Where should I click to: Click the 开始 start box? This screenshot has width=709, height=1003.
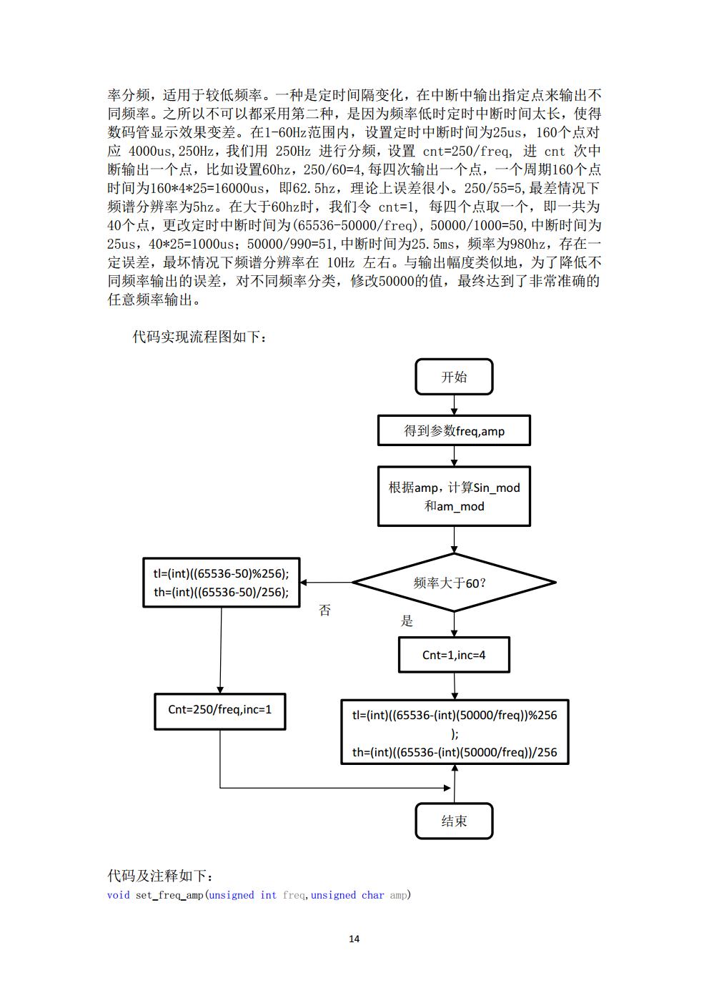tap(454, 377)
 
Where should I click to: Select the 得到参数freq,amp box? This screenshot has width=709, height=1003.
tap(454, 431)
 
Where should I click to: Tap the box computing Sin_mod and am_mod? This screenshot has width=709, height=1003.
tap(454, 496)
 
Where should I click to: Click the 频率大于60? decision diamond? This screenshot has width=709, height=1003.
tap(454, 583)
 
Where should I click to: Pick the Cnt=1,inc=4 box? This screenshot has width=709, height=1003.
tap(454, 655)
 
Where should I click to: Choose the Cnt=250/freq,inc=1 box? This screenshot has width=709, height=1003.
tap(219, 710)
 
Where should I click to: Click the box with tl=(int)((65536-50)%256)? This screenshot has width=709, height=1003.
tap(221, 583)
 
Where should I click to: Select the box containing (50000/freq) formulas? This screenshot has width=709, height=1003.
tap(455, 733)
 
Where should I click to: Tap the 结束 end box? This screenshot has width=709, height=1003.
tap(454, 821)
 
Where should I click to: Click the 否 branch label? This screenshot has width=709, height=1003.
tap(325, 611)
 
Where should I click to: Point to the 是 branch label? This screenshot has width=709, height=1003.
tap(407, 621)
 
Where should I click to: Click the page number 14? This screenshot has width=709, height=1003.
tap(354, 939)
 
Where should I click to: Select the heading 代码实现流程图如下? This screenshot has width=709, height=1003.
tap(200, 336)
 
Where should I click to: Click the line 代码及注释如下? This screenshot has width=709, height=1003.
tap(160, 876)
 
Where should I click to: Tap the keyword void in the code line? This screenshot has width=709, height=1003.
tap(119, 895)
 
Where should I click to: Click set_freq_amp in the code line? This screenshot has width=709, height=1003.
tap(169, 895)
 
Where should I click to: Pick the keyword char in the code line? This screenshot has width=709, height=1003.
tap(372, 895)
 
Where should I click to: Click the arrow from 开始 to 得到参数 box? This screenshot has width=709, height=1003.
tap(454, 405)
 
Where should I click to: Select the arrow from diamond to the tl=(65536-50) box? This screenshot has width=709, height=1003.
tap(326, 583)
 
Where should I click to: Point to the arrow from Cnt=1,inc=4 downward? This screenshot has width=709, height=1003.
tap(454, 686)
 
